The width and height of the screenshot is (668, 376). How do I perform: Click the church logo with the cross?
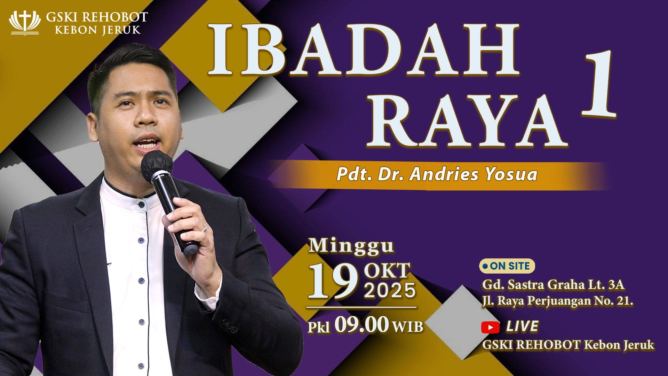click(25, 23)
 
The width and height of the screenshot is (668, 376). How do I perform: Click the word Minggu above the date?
click(351, 246)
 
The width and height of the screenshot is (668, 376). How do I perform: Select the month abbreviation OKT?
click(387, 271)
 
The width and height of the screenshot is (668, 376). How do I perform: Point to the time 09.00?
click(361, 325)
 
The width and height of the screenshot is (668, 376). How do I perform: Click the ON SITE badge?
click(507, 266)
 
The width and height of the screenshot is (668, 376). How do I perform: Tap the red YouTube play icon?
click(490, 327)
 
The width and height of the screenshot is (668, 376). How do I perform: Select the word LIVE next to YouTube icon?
click(522, 327)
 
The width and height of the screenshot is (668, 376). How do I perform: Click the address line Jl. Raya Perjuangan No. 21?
click(557, 301)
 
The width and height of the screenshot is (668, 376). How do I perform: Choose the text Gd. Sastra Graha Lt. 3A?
click(553, 285)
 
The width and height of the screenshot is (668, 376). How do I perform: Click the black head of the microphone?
click(157, 166)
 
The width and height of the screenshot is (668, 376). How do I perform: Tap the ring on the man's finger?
click(205, 228)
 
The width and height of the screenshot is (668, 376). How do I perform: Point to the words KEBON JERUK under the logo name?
click(98, 30)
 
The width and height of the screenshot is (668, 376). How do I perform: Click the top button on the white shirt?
click(141, 204)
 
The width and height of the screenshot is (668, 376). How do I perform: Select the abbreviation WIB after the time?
click(407, 327)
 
